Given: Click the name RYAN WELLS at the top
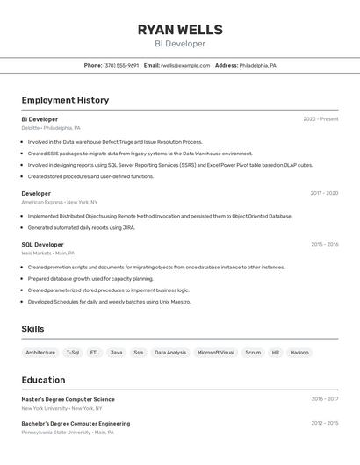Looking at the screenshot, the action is pos(180,30).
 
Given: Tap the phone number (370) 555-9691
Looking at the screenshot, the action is pos(121,65).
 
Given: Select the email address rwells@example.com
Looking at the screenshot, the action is pos(185,65).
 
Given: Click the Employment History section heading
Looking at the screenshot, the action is pos(65,100).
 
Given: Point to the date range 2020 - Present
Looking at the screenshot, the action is pos(320,119).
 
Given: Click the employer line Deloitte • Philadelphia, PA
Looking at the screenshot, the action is pos(51,128).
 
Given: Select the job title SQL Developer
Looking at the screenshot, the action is pos(42,245).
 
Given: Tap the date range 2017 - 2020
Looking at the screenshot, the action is pos(324,193).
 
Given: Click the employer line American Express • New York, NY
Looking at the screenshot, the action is pos(60,202).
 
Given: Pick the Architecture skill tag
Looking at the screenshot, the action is pos(40,353).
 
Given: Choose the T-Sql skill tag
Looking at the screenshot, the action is pos(73,353).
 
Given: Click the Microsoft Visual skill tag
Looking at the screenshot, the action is pos(215,353).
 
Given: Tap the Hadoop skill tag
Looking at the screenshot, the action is pos(299,353).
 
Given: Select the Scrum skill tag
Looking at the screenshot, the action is pos(253,353).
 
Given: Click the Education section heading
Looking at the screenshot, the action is pos(43,380).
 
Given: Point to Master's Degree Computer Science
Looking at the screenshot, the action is pos(68,399).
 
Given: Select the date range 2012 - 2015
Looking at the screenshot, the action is pos(324,423).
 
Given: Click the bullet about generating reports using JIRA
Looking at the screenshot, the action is pos(81,227).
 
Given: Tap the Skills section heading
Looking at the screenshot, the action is pos(32,329).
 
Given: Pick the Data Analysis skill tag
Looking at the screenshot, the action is pos(170,353).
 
